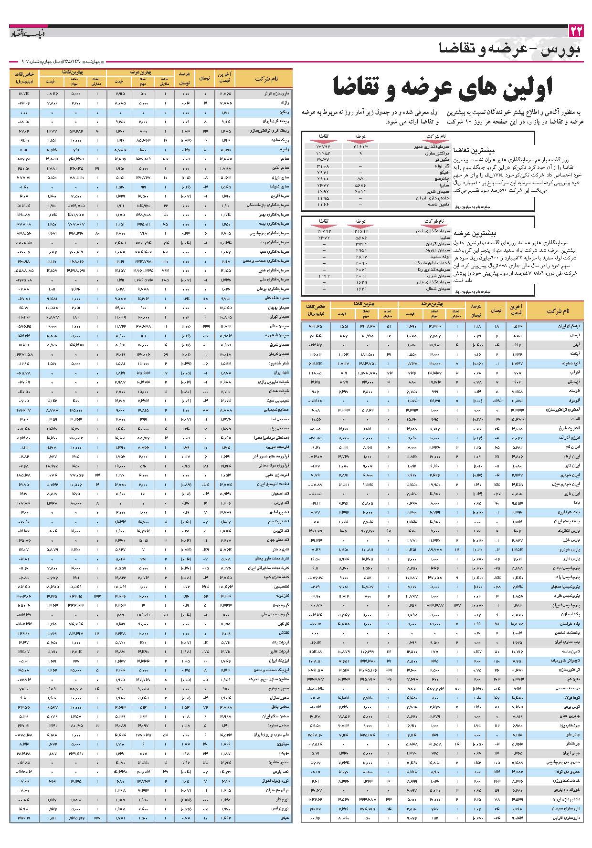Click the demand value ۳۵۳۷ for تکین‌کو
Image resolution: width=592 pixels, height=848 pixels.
click(323, 160)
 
